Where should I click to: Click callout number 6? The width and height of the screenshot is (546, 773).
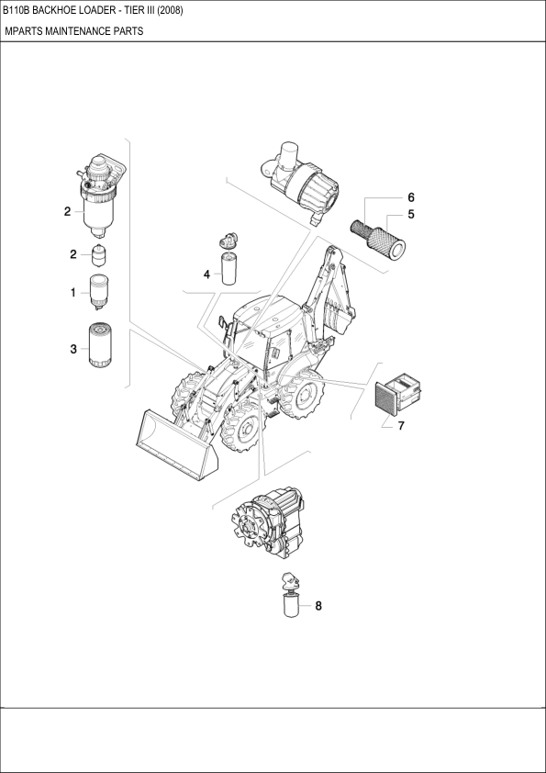coord(410,197)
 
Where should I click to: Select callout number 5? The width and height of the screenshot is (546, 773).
coord(410,215)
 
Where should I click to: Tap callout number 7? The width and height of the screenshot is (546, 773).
coord(401,425)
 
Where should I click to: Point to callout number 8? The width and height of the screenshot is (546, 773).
coord(318,605)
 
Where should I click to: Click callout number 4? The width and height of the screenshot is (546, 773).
coord(207,274)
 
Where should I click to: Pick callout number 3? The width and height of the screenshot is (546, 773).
coord(73,350)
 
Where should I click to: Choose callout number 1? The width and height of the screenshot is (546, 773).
coord(73,293)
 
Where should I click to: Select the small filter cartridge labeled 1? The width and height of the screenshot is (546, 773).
coord(99,292)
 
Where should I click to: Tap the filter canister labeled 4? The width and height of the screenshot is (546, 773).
coord(229,268)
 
